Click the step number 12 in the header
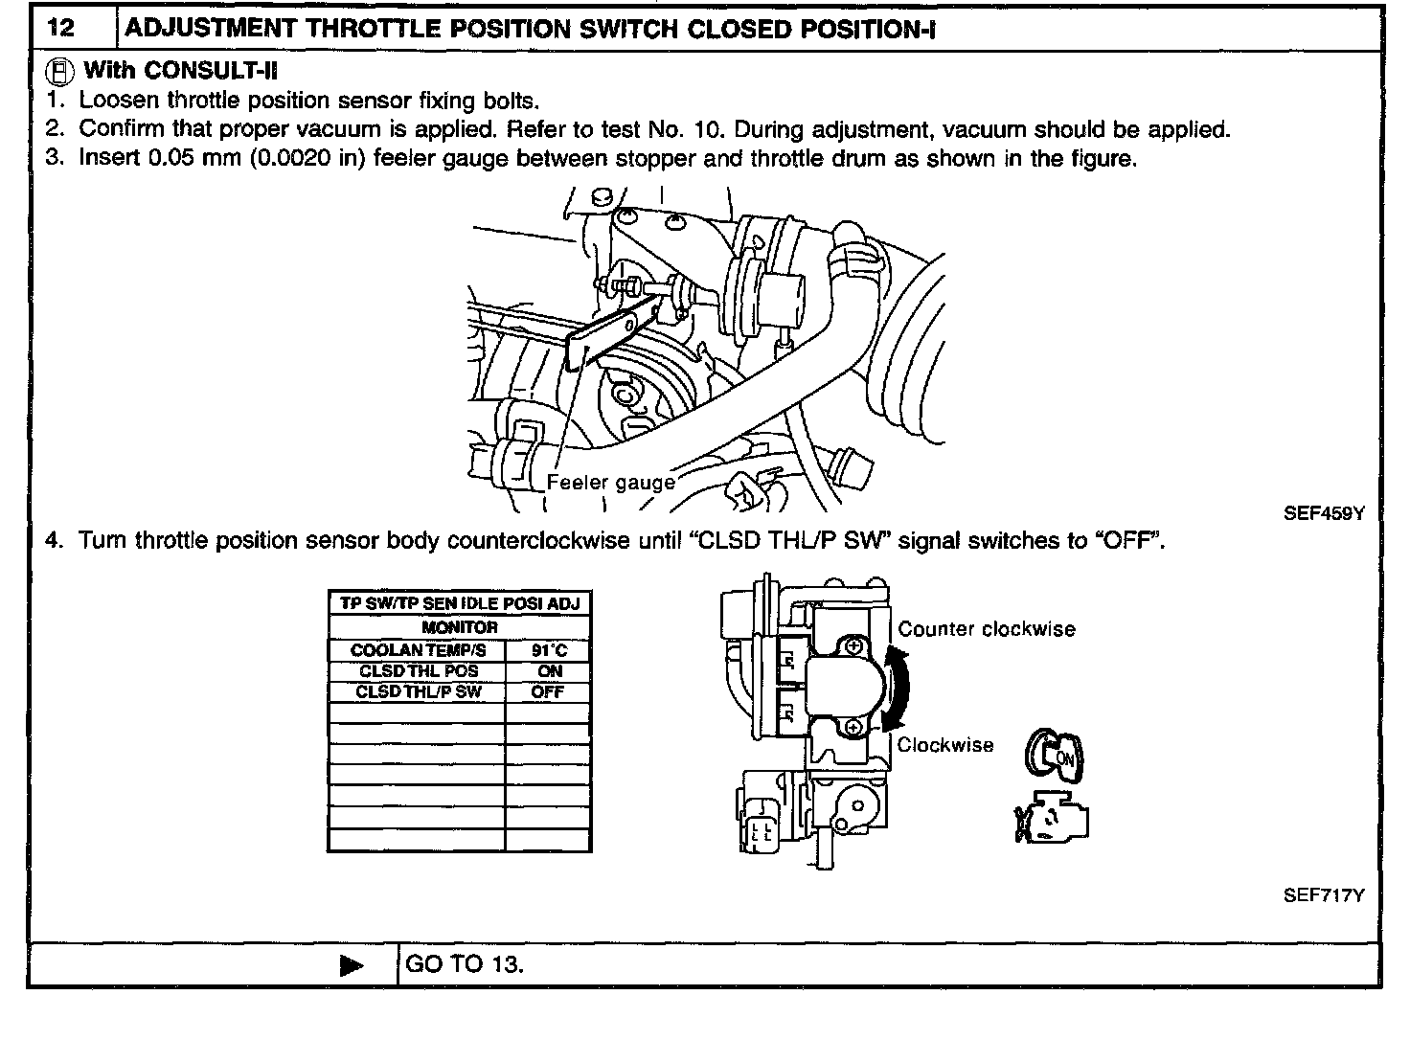(60, 27)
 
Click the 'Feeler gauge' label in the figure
(610, 482)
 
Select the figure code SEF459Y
(1323, 512)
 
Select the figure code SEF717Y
(1323, 895)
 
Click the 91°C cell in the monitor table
(549, 650)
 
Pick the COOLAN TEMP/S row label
(418, 650)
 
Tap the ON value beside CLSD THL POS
(549, 671)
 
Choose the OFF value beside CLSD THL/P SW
(548, 691)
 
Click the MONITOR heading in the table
(460, 627)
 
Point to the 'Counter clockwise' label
(987, 629)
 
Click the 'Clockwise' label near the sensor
(945, 745)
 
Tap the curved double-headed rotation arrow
(898, 688)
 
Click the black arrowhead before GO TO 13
(352, 965)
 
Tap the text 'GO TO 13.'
(465, 963)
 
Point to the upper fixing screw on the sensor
(852, 647)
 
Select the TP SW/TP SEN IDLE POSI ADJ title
(460, 603)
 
